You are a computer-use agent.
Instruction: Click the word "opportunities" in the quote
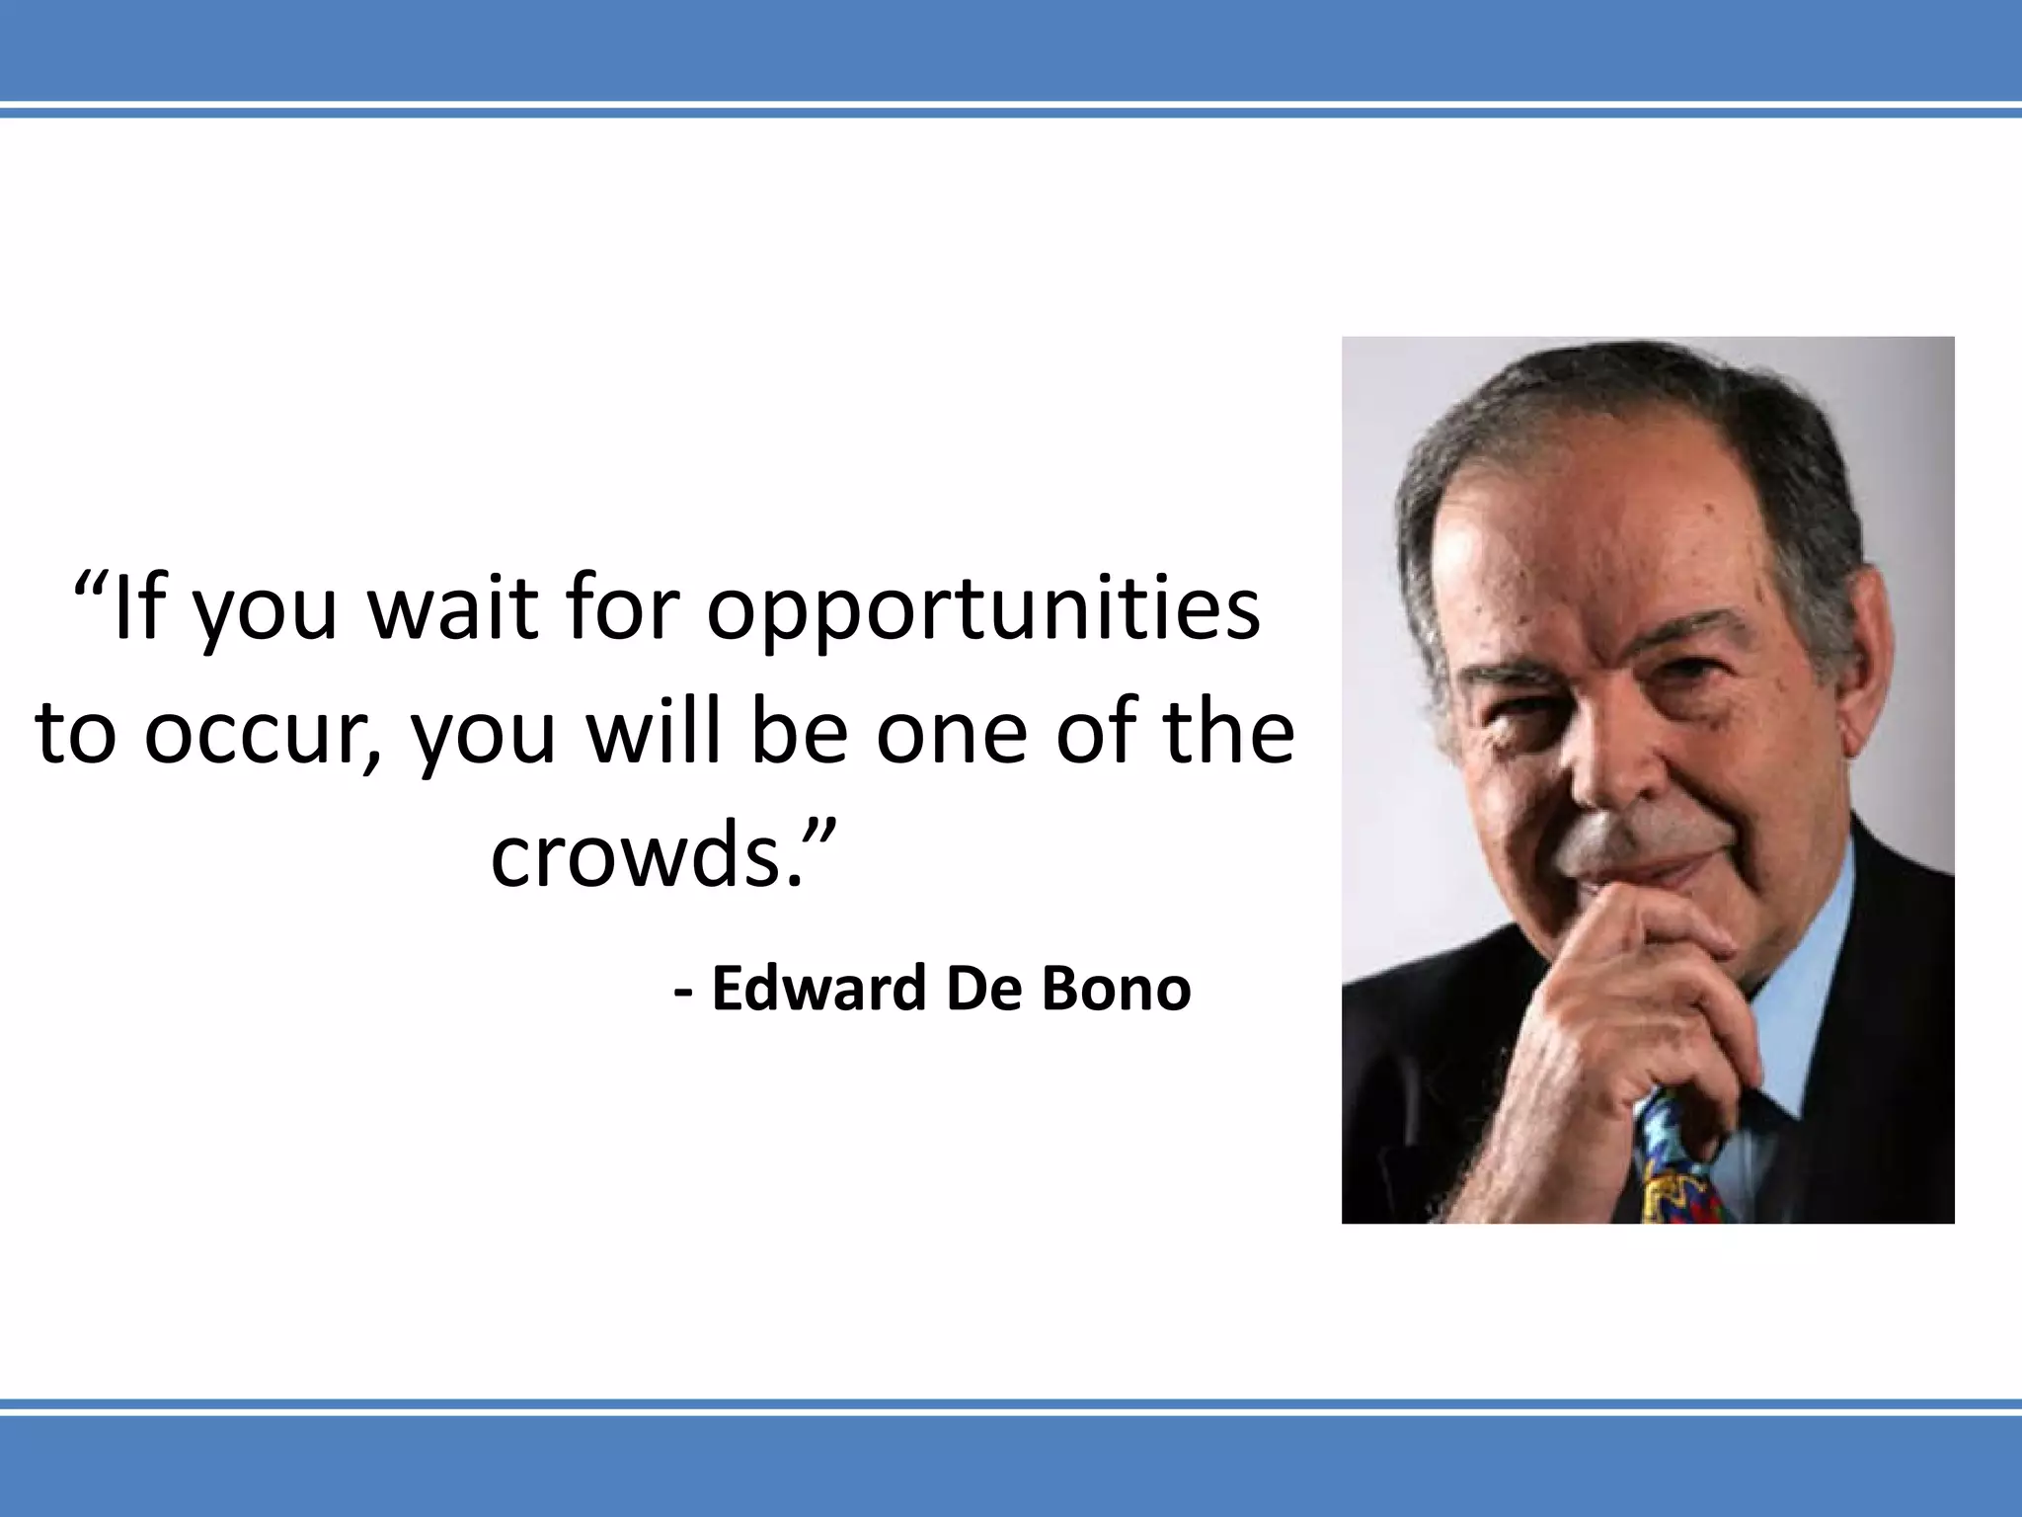pos(983,610)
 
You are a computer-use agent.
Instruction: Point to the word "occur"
pos(262,733)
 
